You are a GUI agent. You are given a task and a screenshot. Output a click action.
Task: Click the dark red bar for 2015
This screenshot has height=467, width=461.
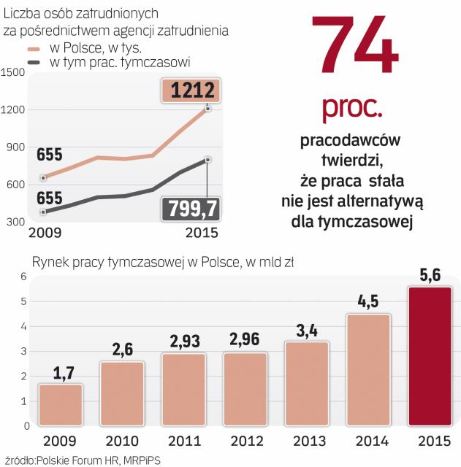click(x=430, y=356)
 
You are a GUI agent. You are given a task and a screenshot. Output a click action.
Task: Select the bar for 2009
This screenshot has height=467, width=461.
click(x=61, y=404)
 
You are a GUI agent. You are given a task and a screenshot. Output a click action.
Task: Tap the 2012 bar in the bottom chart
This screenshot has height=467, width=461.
click(x=245, y=389)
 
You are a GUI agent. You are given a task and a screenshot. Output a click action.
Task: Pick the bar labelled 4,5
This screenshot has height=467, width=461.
click(x=368, y=370)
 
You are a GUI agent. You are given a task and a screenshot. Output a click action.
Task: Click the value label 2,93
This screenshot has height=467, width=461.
click(x=183, y=341)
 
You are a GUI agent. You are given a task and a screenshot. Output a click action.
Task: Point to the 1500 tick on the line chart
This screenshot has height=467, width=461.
click(x=14, y=72)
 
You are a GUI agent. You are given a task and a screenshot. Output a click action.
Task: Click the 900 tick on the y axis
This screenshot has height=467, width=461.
click(x=17, y=147)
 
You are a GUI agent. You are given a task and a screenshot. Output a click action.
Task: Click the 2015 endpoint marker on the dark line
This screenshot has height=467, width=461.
click(x=208, y=159)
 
